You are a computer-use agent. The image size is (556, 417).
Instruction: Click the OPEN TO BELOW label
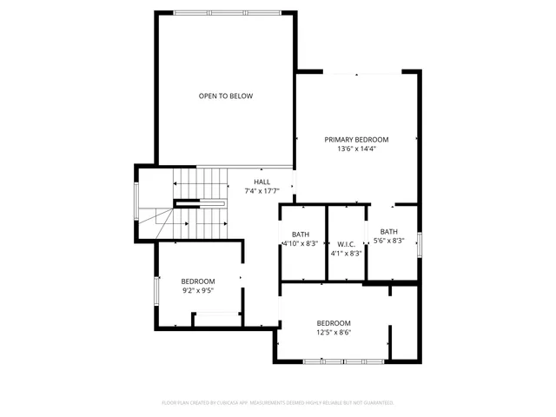pyautogui.click(x=226, y=96)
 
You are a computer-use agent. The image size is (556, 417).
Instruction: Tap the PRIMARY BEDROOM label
pyautogui.click(x=356, y=139)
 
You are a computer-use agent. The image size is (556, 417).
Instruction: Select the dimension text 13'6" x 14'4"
pyautogui.click(x=356, y=149)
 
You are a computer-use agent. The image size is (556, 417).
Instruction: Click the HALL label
pyautogui.click(x=261, y=182)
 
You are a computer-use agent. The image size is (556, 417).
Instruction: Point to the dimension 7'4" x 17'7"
pyautogui.click(x=261, y=191)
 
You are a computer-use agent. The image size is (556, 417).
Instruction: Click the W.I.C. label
pyautogui.click(x=346, y=244)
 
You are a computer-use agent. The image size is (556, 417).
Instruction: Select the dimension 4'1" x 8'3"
pyautogui.click(x=346, y=254)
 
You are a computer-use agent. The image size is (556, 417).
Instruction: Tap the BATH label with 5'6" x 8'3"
pyautogui.click(x=389, y=231)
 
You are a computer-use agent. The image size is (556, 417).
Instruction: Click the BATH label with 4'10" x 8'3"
pyautogui.click(x=301, y=235)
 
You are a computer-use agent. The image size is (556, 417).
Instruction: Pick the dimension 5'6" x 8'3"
pyautogui.click(x=389, y=241)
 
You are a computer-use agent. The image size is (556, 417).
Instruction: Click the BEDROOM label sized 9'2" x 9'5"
pyautogui.click(x=198, y=281)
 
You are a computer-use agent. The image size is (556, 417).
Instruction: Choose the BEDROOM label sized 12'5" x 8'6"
pyautogui.click(x=334, y=322)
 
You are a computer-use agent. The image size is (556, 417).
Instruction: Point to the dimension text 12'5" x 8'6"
pyautogui.click(x=334, y=332)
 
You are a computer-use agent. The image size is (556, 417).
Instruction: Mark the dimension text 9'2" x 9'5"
pyautogui.click(x=198, y=291)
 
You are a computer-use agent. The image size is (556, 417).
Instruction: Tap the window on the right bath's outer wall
pyautogui.click(x=420, y=244)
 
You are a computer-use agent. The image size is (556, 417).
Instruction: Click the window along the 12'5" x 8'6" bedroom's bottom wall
pyautogui.click(x=345, y=361)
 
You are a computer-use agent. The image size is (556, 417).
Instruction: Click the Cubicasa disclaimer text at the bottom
pyautogui.click(x=278, y=403)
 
